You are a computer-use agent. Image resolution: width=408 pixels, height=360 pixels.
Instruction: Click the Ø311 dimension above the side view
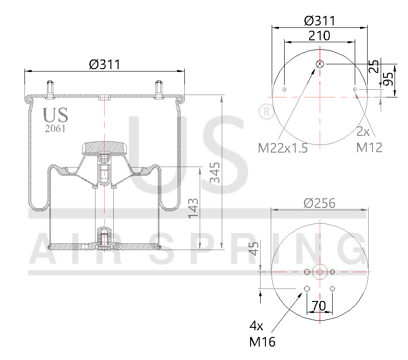[104, 64]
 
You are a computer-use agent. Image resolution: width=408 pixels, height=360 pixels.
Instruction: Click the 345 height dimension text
[215, 172]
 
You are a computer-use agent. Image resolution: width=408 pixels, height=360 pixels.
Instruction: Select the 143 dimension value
[193, 208]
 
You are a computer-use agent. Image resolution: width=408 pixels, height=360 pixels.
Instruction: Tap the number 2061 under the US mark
[55, 129]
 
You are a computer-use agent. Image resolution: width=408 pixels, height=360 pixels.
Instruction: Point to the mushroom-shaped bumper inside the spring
[104, 147]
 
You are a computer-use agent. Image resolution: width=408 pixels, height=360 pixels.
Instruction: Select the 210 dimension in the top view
[319, 36]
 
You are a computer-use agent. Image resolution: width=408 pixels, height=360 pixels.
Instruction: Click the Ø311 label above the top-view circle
[319, 21]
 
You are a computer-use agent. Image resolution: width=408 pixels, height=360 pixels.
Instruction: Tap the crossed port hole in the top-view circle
[320, 64]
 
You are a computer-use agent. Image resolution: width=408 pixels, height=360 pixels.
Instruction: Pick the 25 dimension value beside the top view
[374, 66]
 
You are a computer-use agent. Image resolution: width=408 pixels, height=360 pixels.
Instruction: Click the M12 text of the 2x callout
[369, 148]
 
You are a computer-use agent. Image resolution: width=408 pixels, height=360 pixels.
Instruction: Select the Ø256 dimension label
[319, 203]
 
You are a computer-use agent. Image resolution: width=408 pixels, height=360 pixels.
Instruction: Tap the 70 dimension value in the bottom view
[319, 306]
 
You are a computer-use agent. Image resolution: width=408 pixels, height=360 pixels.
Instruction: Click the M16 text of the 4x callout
[262, 342]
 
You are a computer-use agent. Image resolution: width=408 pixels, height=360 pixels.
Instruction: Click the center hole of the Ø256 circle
[320, 272]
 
